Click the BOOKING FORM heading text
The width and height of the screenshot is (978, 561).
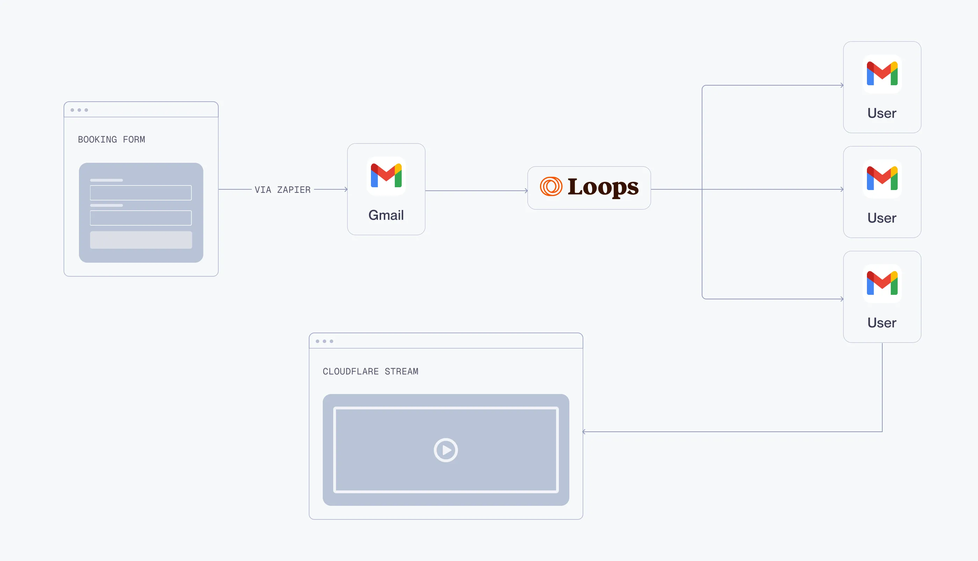[111, 139]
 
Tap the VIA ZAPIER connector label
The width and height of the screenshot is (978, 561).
[282, 190]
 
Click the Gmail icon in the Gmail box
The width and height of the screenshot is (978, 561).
[386, 176]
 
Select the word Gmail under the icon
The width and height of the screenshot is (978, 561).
[386, 215]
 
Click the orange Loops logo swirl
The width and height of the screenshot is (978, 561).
[551, 187]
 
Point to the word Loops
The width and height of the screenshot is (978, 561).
[603, 187]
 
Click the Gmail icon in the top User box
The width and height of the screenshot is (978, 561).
[882, 74]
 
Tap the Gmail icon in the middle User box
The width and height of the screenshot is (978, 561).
[882, 178]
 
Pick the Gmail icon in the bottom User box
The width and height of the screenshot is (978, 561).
[882, 283]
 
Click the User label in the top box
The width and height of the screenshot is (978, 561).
[882, 113]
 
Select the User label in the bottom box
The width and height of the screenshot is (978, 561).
[882, 323]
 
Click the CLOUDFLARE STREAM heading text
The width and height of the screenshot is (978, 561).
[370, 371]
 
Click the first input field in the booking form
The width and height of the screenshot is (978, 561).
[141, 193]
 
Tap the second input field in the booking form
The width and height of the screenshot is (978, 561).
[141, 218]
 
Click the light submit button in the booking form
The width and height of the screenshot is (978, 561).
[141, 240]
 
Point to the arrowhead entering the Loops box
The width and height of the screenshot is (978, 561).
[526, 191]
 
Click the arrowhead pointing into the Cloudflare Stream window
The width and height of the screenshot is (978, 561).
[584, 431]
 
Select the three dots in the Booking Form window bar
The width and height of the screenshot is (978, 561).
[79, 110]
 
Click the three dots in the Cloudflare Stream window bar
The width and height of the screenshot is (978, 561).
[324, 341]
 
